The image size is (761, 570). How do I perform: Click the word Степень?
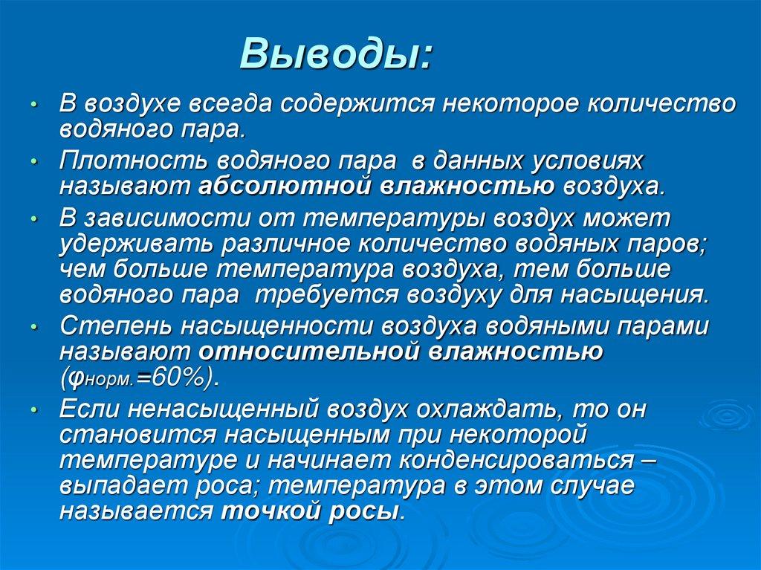point(110,326)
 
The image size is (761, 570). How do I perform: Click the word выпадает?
point(116,487)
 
